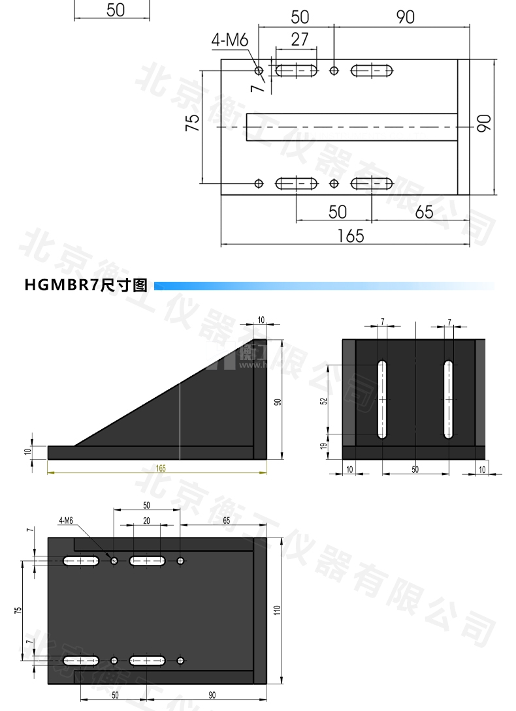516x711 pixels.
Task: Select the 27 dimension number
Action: click(299, 39)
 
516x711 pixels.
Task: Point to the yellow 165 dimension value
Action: click(161, 467)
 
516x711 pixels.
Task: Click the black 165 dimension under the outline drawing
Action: click(350, 235)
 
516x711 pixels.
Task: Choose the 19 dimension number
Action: click(323, 446)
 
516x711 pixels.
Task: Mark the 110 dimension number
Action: click(277, 611)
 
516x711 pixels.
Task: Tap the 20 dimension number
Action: click(146, 521)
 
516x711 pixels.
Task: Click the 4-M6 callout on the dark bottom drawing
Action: click(66, 521)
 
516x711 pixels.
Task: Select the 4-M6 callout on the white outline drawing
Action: click(229, 40)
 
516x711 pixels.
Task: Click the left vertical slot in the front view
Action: click(381, 398)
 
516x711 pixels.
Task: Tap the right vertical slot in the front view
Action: click(449, 398)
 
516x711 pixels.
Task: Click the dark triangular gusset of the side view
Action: click(196, 404)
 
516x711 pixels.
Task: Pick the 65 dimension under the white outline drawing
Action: click(424, 212)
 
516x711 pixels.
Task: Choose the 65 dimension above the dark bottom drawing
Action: click(225, 521)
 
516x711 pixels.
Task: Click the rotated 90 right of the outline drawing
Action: click(484, 123)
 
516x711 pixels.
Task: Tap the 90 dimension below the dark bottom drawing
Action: click(212, 695)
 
